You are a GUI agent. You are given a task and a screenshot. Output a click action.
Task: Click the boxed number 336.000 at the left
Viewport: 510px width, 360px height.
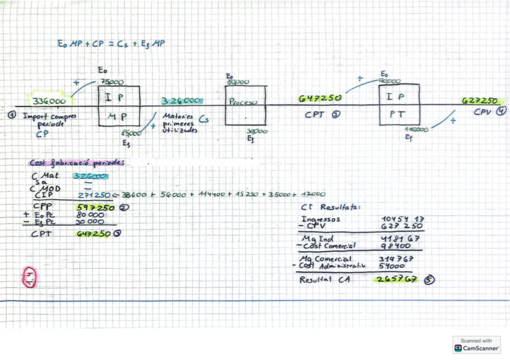(x=49, y=101)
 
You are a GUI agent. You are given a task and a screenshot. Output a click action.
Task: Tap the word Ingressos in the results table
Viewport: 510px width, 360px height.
(x=321, y=219)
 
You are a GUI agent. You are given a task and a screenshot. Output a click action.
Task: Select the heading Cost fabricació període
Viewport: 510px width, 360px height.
(x=78, y=162)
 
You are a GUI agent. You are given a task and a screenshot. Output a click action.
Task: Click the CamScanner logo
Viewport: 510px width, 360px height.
(x=476, y=344)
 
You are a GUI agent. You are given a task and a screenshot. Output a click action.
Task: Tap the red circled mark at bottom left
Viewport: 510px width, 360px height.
(x=29, y=277)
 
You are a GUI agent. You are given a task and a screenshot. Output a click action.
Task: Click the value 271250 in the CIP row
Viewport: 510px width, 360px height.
(x=95, y=195)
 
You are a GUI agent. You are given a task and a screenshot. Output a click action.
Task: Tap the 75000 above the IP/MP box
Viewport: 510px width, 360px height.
(x=112, y=82)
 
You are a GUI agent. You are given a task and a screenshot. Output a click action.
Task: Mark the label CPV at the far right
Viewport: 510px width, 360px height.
(x=482, y=112)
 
